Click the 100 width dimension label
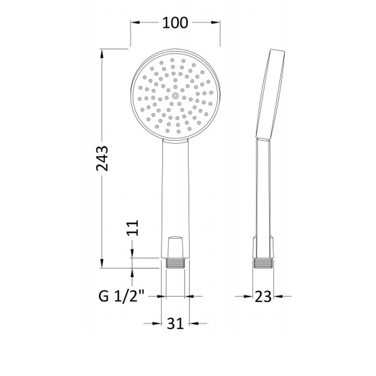(175, 22)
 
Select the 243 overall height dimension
(102, 158)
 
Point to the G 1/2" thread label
(121, 296)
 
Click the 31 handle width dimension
(175, 323)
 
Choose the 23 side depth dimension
(264, 296)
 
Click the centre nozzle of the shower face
(175, 95)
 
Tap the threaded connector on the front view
(176, 263)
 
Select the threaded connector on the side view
(264, 263)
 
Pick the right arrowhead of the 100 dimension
(217, 22)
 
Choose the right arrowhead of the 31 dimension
(193, 323)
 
